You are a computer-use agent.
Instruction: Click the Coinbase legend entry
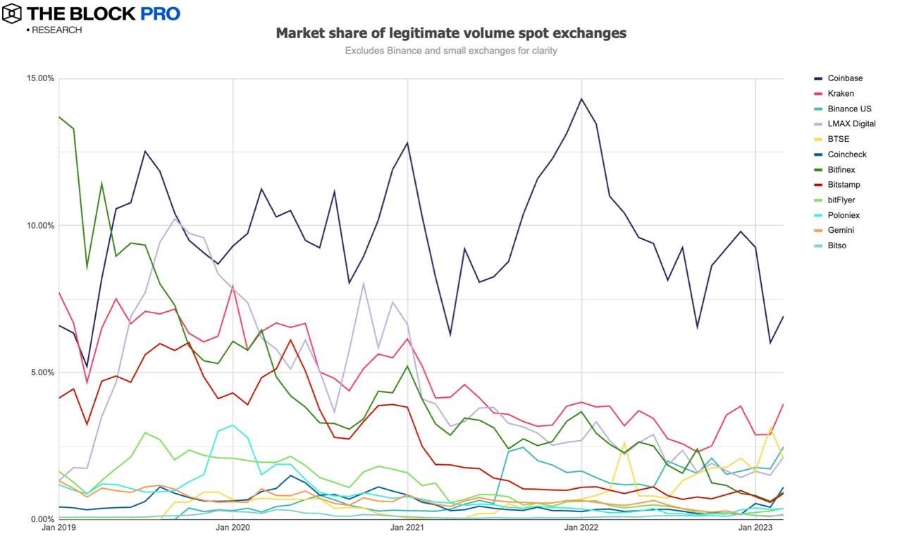tap(845, 78)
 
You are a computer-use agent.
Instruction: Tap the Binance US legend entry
tap(848, 109)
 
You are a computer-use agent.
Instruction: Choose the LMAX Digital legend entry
tap(851, 124)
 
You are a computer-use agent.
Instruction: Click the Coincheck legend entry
tap(847, 154)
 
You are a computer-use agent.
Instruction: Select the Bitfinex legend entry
tap(843, 170)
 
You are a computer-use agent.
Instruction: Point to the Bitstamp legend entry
tap(844, 185)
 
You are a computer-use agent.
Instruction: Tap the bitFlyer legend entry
tap(842, 200)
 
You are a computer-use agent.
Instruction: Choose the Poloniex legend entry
tap(844, 215)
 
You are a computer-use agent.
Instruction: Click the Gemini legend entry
tap(841, 231)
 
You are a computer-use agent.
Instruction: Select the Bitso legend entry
tap(837, 245)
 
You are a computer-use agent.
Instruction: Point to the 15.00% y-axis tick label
tap(40, 78)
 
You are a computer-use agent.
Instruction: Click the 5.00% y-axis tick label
tap(42, 372)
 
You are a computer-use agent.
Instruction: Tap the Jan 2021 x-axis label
tap(407, 528)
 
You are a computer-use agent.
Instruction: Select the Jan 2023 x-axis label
tap(755, 528)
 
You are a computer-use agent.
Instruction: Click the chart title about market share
tap(451, 33)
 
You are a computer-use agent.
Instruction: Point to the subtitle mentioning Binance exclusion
tap(451, 51)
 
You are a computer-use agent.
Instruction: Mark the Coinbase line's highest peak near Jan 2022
tap(581, 99)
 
